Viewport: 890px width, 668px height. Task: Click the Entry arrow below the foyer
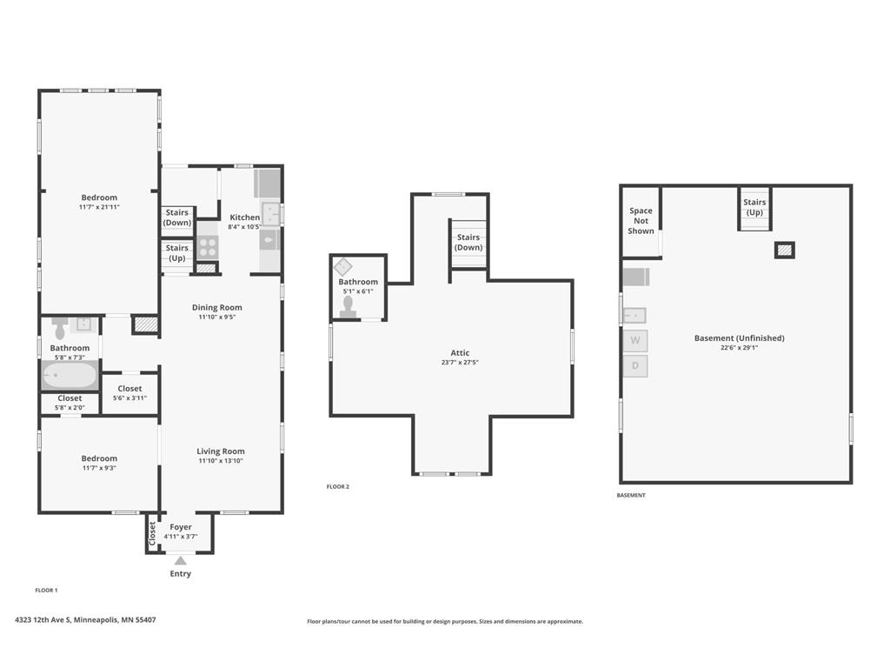click(180, 561)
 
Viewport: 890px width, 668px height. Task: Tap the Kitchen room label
click(244, 217)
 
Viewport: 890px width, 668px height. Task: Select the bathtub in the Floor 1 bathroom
click(70, 376)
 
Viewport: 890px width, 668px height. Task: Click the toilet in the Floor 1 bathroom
click(60, 328)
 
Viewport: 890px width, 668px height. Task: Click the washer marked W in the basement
click(635, 340)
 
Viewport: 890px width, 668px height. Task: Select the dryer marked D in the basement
click(635, 365)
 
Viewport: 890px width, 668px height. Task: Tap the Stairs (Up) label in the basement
click(754, 207)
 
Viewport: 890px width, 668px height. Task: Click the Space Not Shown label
click(641, 220)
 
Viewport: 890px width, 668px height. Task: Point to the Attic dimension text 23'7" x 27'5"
click(460, 362)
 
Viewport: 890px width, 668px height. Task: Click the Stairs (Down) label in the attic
click(468, 242)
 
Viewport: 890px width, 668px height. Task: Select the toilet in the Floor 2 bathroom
click(348, 307)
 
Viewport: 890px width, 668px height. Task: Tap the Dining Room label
click(216, 307)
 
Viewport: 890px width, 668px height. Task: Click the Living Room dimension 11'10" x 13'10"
click(221, 461)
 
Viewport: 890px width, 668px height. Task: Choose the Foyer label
click(181, 527)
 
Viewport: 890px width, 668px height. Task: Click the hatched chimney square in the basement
click(785, 250)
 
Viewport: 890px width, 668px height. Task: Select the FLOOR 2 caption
click(338, 487)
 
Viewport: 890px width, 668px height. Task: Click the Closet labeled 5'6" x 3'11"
click(130, 392)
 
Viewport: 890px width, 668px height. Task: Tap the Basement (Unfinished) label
click(739, 338)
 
